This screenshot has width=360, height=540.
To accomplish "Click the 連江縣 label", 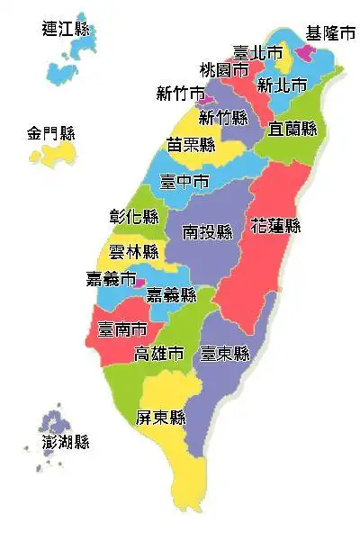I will pos(67,29).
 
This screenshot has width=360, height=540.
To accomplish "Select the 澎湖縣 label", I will pos(66,442).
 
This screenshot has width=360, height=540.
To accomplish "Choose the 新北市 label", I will pos(282,85).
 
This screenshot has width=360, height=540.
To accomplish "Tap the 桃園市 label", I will pos(224,69).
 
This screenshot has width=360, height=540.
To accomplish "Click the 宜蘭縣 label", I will pos(292,129).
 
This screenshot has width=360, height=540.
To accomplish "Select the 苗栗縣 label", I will pos(191,145).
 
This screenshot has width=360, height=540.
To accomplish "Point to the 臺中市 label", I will pos(184,182).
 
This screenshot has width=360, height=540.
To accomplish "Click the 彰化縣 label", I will pos(133,218).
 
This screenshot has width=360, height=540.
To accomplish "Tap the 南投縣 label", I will pos(207,232).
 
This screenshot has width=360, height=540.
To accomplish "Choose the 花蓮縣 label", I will pos(275,225).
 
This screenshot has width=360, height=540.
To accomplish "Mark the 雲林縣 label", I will pos(133,252).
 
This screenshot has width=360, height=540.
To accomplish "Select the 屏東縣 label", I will pos(160,418).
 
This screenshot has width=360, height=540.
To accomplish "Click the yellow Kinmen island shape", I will pos(52,155).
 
